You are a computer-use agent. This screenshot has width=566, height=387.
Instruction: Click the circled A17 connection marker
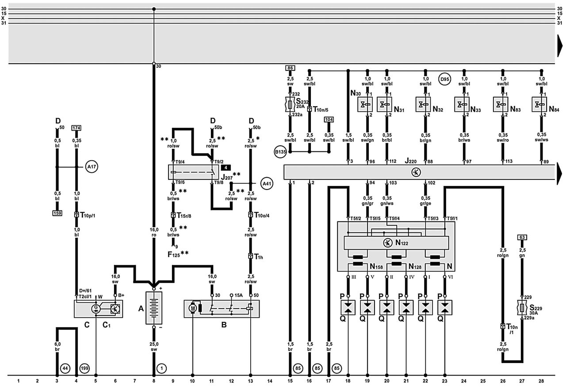[x=92, y=166]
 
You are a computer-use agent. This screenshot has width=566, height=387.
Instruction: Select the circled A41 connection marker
[x=267, y=183]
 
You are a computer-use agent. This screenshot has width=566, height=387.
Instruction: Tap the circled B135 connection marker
[x=280, y=152]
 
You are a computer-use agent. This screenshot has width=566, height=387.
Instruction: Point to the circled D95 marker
[x=444, y=79]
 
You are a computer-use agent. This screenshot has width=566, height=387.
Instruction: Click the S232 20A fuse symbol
[x=290, y=104]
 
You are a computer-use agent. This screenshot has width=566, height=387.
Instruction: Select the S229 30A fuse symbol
[x=522, y=308]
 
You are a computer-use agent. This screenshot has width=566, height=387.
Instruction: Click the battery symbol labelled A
[x=153, y=308]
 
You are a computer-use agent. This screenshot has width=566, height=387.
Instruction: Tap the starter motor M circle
[x=193, y=308]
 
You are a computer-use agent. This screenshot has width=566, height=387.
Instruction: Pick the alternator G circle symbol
[x=96, y=309]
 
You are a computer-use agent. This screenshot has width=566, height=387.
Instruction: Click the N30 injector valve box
[x=365, y=104]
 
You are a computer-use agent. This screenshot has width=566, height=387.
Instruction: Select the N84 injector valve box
[x=539, y=104]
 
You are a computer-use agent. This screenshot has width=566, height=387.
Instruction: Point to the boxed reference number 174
[x=76, y=128]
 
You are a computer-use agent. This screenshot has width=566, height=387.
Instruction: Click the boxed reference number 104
[x=329, y=120]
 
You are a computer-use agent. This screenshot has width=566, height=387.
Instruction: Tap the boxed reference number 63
[x=522, y=237]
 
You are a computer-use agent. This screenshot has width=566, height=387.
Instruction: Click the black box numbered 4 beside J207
[x=226, y=167]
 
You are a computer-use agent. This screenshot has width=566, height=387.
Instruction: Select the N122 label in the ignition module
[x=402, y=243]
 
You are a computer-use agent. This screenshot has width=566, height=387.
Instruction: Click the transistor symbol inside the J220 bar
[x=416, y=172]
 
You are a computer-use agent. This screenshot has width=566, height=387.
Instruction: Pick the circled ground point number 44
[x=65, y=368]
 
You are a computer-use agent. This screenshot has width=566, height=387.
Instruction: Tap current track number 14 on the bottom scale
[x=270, y=381]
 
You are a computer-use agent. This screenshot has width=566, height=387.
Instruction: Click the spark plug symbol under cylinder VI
[x=445, y=308]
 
